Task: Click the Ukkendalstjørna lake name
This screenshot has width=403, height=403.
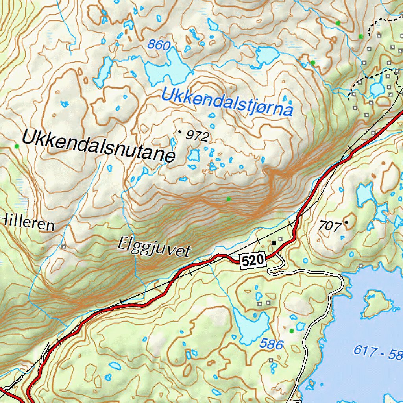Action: (227, 101)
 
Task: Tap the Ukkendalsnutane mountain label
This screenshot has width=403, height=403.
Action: (98, 145)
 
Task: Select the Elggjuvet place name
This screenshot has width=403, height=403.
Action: (154, 248)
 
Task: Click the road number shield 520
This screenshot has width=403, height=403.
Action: (252, 261)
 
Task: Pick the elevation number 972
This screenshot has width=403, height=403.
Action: (197, 136)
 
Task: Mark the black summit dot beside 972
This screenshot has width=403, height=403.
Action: (180, 132)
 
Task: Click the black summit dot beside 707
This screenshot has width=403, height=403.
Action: (346, 222)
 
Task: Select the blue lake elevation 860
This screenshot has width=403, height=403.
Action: (159, 45)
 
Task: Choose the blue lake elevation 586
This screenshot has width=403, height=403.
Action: (271, 344)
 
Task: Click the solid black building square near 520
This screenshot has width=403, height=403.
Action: (274, 243)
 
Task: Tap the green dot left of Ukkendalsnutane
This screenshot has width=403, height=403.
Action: (17, 146)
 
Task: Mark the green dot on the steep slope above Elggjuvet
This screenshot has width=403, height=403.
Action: (228, 199)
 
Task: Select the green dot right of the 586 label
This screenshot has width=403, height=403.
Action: (291, 331)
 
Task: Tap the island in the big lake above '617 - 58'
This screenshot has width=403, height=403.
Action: (376, 303)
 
